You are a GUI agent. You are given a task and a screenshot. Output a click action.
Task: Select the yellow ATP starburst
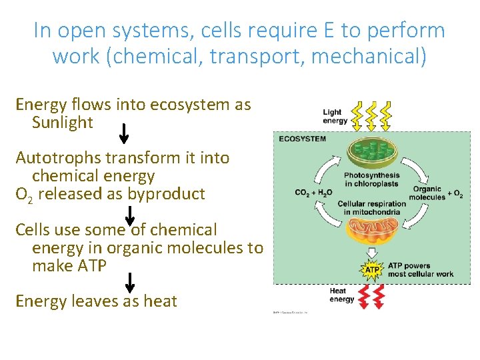pyautogui.click(x=371, y=269)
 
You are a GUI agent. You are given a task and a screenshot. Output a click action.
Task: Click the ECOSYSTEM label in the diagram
pyautogui.click(x=303, y=139)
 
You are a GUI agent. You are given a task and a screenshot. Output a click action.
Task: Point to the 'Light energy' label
pyautogui.click(x=335, y=117)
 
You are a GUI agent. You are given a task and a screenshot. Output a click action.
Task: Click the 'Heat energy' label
pyautogui.click(x=342, y=295)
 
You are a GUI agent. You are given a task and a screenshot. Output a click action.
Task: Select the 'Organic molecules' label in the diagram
pyautogui.click(x=427, y=193)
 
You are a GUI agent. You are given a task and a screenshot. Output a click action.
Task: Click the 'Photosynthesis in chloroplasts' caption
pyautogui.click(x=371, y=180)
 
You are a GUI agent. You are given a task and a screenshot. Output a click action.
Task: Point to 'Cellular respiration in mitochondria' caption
pyautogui.click(x=371, y=208)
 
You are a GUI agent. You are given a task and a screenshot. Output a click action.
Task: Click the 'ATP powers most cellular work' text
pyautogui.click(x=421, y=269)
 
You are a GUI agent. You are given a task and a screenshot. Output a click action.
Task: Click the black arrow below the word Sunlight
pyautogui.click(x=123, y=133)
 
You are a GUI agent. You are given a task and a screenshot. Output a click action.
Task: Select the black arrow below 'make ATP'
pyautogui.click(x=130, y=282)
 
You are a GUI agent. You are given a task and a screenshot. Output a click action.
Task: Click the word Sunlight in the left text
pyautogui.click(x=62, y=123)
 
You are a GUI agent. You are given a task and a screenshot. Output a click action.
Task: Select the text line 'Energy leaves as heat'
pyautogui.click(x=96, y=301)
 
